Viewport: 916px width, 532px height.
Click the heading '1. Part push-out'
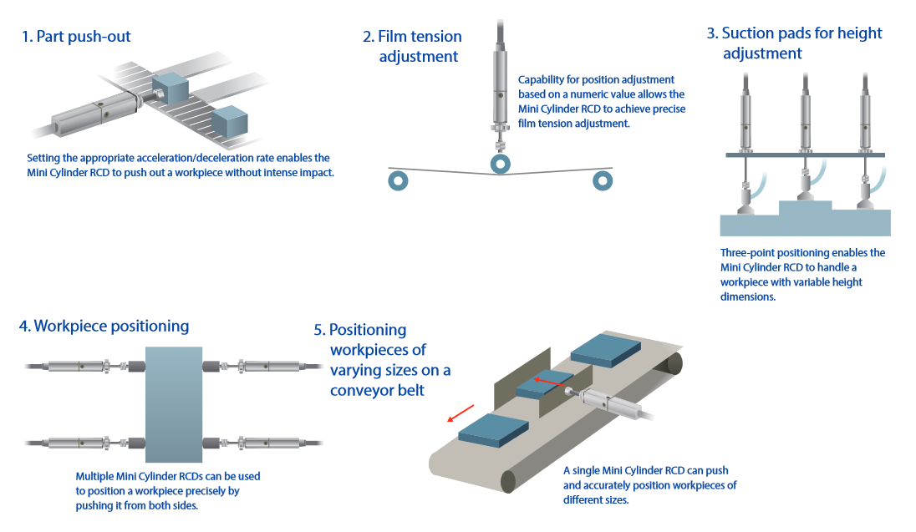pos(76,37)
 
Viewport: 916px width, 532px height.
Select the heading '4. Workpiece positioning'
pos(104,327)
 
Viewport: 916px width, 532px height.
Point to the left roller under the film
pos(398,180)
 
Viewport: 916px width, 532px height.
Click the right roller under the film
pos(602,180)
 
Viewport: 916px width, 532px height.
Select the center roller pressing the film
pos(500,164)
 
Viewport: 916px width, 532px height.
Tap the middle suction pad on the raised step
pos(805,190)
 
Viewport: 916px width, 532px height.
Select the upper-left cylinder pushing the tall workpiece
pos(79,365)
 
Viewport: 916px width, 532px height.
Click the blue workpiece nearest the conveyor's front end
pos(494,428)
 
